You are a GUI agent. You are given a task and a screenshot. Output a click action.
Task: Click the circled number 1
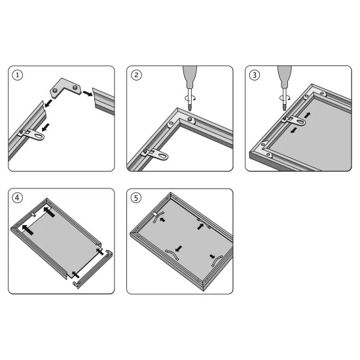(x=18, y=75)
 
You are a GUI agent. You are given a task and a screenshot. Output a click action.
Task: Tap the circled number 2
(x=136, y=75)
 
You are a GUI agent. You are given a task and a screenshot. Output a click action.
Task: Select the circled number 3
(x=255, y=75)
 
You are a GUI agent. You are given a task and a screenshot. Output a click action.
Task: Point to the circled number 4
(x=18, y=198)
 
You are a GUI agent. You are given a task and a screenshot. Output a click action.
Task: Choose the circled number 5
(x=136, y=198)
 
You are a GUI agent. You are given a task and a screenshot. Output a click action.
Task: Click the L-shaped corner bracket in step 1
(x=65, y=88)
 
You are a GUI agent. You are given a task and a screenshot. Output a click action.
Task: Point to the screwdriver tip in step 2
(x=190, y=109)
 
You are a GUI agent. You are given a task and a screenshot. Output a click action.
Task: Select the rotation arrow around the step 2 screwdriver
(x=190, y=98)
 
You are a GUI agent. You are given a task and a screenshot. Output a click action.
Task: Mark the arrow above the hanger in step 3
(x=308, y=115)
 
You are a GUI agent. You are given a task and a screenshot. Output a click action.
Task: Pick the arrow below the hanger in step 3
(x=293, y=131)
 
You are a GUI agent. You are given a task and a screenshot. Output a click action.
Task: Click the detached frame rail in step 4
(x=93, y=269)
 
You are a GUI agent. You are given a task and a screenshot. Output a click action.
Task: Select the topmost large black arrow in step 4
(x=49, y=212)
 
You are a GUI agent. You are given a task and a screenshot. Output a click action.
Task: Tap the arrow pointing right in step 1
(x=88, y=93)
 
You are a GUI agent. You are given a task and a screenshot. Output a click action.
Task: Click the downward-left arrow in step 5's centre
(x=179, y=249)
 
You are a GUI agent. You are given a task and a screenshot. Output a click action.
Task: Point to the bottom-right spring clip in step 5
(x=217, y=261)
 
